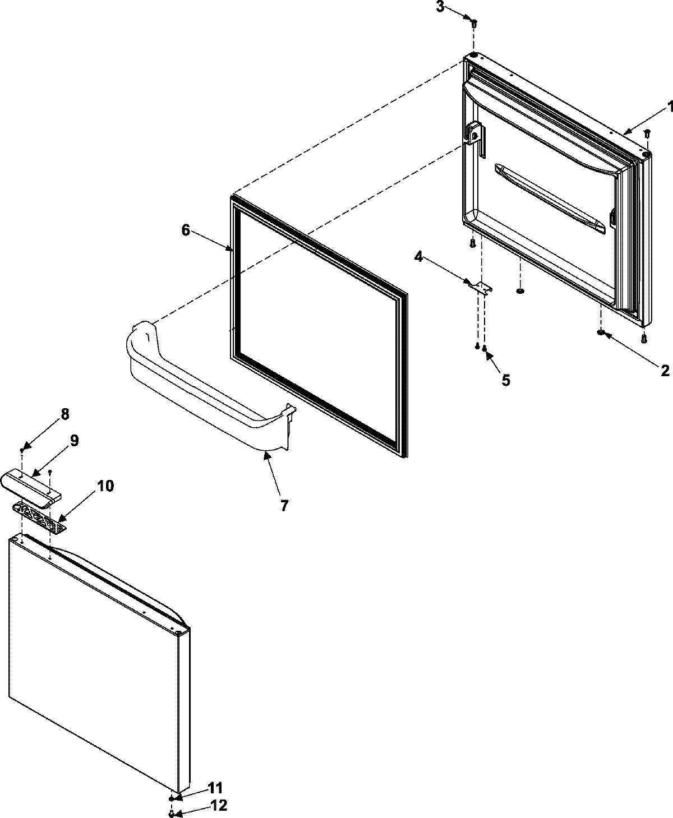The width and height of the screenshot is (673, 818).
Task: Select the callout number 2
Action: point(665,370)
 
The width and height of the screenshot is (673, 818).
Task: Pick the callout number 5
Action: point(505,381)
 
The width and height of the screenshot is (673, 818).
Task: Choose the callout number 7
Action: point(284,505)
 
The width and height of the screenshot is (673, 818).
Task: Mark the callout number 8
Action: point(65,414)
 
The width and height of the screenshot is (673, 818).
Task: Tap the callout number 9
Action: point(74,440)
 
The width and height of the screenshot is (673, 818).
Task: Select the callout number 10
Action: point(105,486)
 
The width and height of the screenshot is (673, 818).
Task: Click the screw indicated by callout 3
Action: point(473,24)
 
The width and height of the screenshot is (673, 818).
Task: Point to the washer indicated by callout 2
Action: point(601,334)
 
